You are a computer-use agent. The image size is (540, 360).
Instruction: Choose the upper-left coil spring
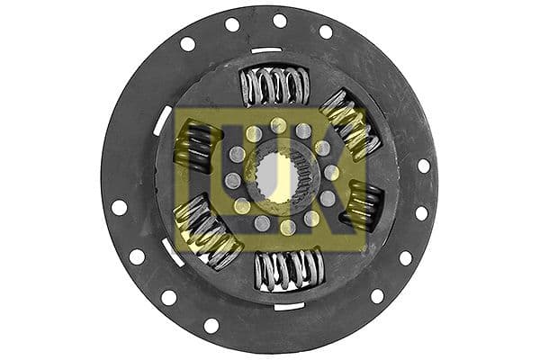pos(196,146)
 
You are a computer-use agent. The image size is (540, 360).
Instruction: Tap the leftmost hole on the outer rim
pos(119,207)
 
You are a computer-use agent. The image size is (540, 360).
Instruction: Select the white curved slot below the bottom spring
pos(288,306)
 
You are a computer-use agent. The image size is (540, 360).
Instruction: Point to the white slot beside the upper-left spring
pos(163,121)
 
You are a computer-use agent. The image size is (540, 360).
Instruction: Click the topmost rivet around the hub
pos(279,125)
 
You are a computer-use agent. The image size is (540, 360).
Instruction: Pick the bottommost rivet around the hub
pos(287,227)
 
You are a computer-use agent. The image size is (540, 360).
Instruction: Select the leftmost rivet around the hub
pos(233,181)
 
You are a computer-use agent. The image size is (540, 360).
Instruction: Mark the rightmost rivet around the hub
pos(331,172)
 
